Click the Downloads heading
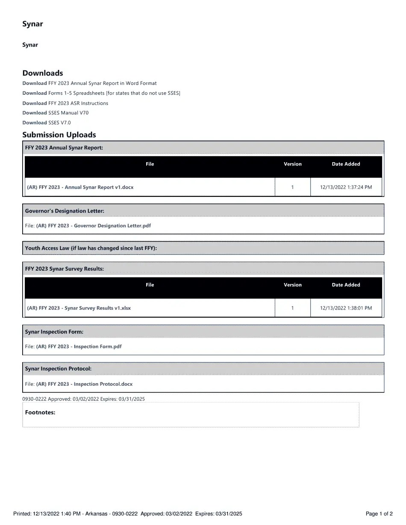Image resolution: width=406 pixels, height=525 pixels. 43,73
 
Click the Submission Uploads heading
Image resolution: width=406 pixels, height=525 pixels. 59,135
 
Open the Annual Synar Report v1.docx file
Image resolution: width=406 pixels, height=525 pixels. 80,187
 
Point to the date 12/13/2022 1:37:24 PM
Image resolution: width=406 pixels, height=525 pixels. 346,187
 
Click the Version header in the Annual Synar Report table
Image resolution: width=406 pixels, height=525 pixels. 292,164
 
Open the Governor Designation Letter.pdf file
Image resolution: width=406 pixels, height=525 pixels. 93,225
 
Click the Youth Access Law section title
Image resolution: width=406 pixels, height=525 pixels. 91,248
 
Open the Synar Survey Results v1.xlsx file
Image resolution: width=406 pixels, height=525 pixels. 79,308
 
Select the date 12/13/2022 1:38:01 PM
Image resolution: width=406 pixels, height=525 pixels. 346,308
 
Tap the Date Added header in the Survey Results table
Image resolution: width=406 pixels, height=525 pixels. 346,285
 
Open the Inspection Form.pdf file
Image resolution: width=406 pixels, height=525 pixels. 79,347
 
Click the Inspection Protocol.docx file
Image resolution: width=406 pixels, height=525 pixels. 84,384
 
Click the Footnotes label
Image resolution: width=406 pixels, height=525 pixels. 40,412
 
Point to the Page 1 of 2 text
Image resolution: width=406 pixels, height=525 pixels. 379,513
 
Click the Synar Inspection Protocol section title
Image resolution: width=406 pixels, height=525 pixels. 58,368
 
